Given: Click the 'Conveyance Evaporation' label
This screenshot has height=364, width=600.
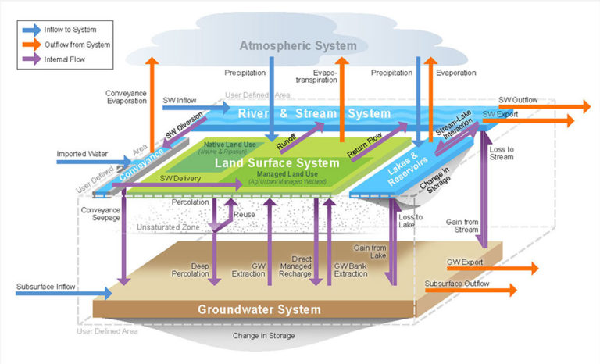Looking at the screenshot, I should point(125,98).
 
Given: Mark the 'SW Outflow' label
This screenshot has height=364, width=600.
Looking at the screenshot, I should point(519,101).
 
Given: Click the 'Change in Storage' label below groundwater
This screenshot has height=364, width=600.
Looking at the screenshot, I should point(262,336).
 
